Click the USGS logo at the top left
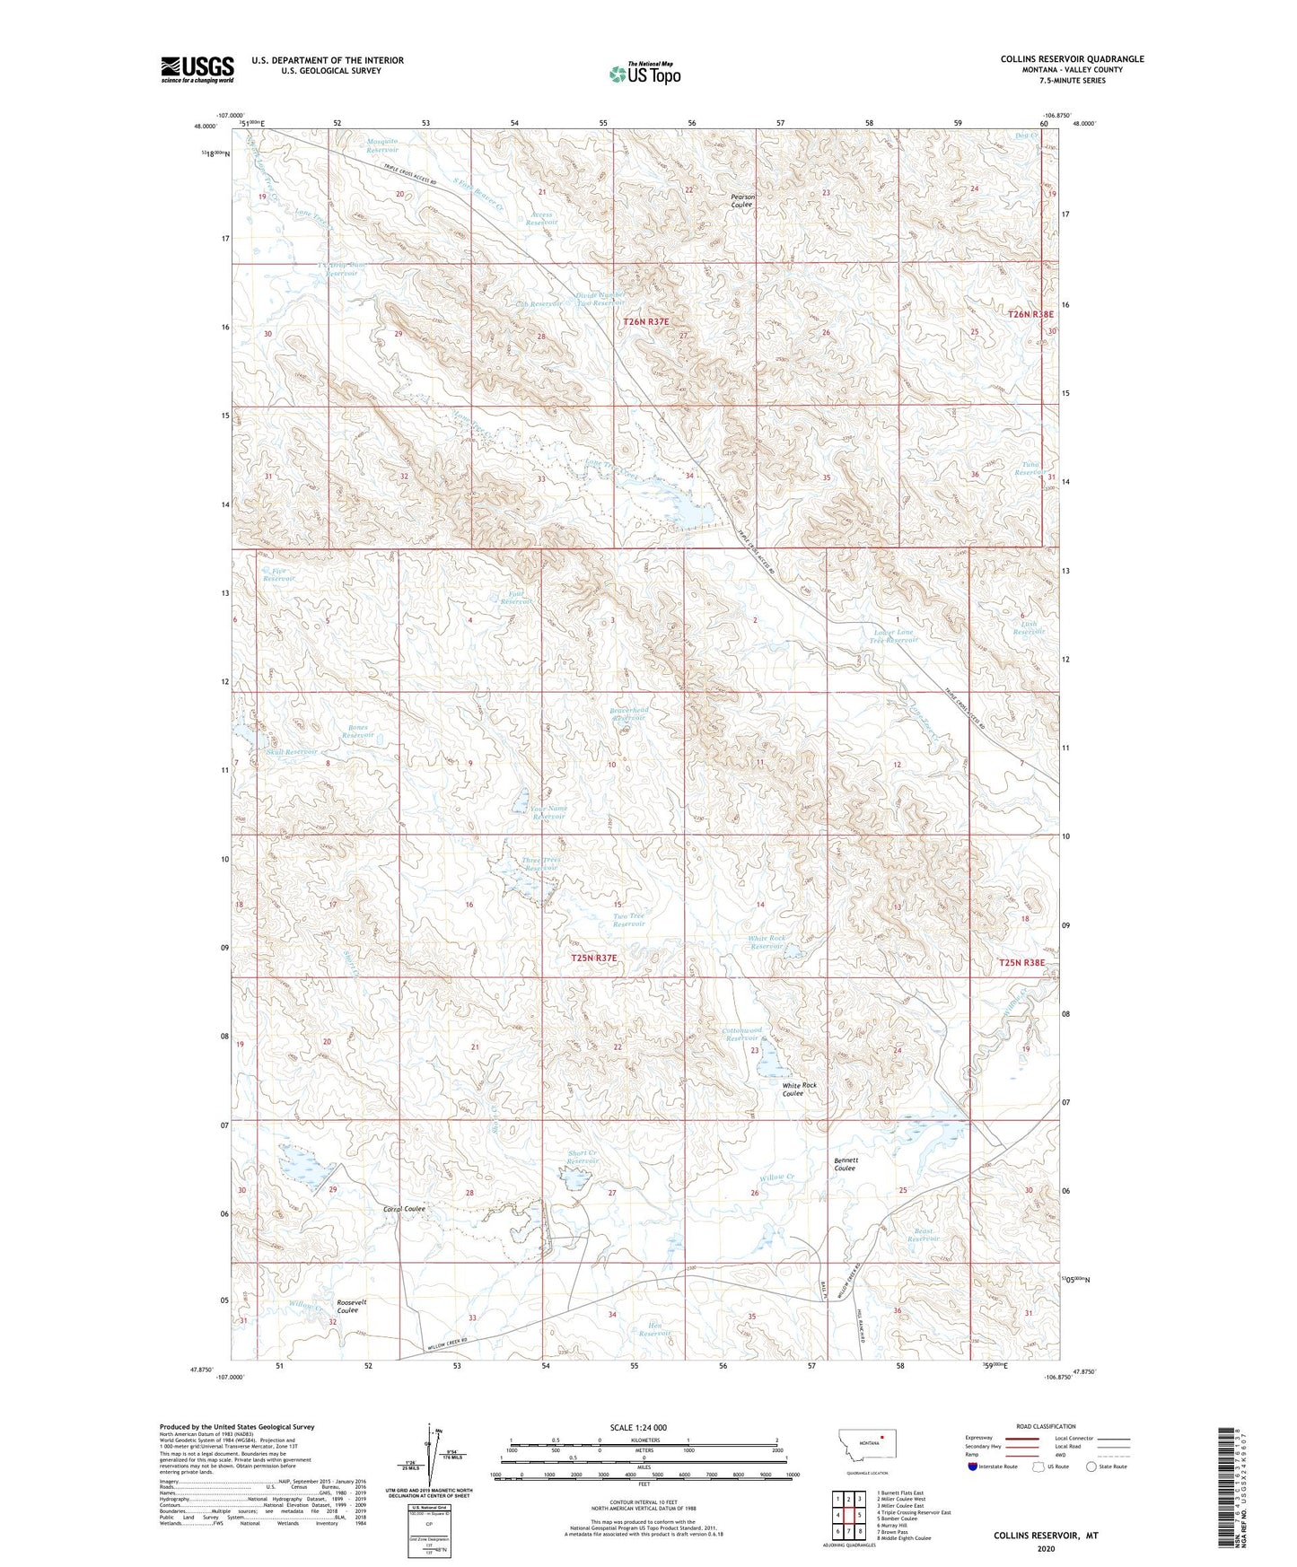click(197, 69)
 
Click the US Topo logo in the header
click(644, 74)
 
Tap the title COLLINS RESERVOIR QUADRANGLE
click(1072, 59)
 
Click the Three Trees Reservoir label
click(541, 863)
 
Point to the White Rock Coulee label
click(799, 1090)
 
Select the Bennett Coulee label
click(845, 1164)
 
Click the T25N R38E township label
click(1021, 962)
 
